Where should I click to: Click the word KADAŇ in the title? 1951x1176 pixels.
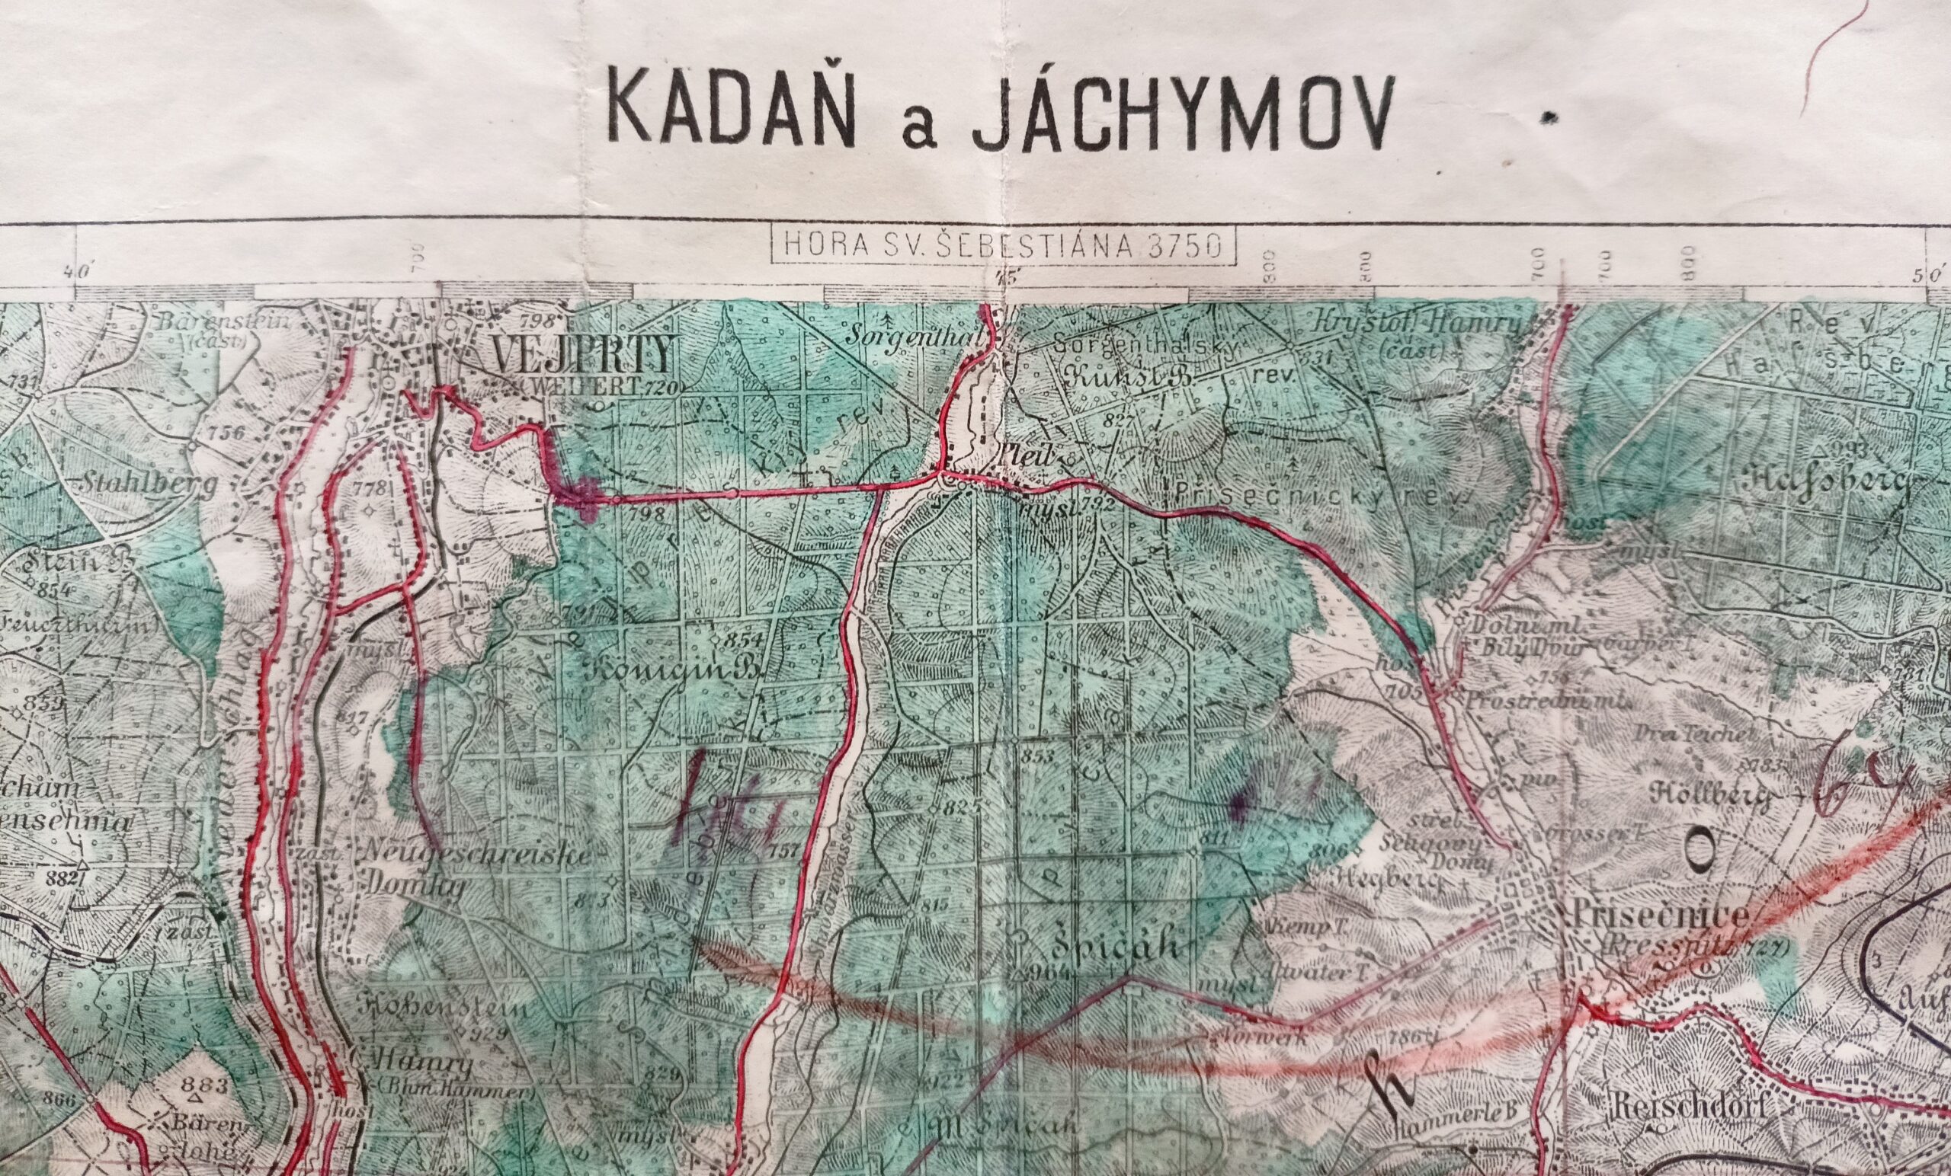click(732, 113)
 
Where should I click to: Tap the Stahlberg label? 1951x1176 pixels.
click(148, 488)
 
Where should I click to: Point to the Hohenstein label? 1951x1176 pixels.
click(445, 1011)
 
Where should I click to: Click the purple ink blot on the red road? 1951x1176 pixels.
click(581, 496)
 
